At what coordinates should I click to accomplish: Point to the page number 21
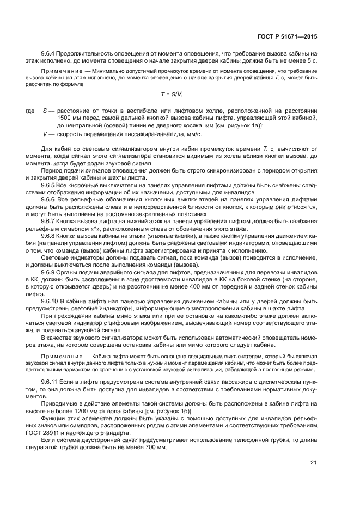coord(314,463)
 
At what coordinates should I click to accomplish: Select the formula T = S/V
coord(179,94)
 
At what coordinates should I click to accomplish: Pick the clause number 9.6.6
coord(50,199)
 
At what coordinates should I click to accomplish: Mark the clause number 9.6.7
coord(50,220)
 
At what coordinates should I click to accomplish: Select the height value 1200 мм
coord(93,413)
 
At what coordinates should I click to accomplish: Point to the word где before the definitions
coord(30,111)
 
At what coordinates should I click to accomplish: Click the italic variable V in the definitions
coord(45,134)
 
